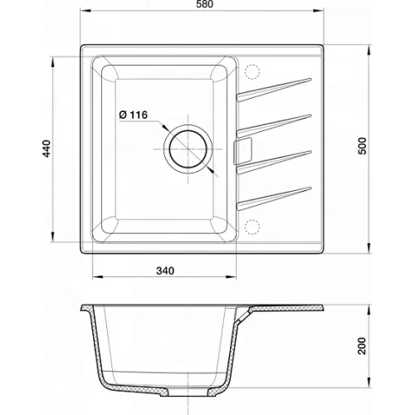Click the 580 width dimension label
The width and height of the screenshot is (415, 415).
205,4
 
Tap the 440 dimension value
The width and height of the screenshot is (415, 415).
47,149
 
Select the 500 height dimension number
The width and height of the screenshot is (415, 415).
362,146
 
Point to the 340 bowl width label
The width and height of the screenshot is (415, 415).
165,271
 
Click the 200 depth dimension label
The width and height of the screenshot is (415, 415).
362,346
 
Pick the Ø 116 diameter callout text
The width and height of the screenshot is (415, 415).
134,115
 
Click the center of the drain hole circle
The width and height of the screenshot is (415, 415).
188,149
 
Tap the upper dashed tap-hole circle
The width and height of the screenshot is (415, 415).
252,72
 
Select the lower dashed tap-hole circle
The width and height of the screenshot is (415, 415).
252,227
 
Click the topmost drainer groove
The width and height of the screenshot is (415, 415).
274,90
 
